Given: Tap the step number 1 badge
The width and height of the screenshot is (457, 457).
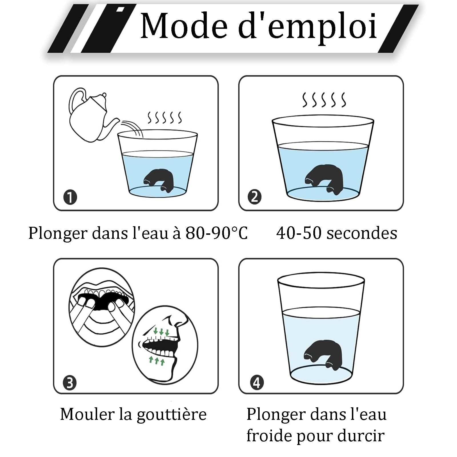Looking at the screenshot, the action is (x=70, y=197).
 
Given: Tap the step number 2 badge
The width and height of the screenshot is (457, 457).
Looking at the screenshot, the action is (x=255, y=197).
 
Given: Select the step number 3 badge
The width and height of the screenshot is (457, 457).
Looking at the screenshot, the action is (x=70, y=383).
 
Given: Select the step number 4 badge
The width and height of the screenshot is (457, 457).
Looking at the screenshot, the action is (x=256, y=383).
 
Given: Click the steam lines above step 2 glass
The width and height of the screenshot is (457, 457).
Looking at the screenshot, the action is (x=324, y=100).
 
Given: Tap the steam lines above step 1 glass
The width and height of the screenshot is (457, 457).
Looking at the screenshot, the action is (x=165, y=118).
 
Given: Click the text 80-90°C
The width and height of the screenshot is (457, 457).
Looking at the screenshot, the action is (x=216, y=233).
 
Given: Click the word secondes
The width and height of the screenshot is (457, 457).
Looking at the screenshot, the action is (x=362, y=233).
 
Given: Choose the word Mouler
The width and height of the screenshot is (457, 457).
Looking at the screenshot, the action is (x=87, y=414).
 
